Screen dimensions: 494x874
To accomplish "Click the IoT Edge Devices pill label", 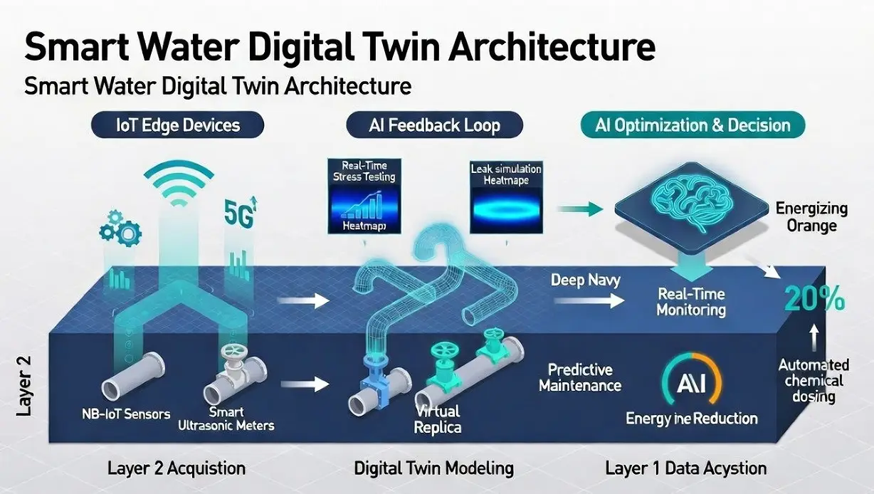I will (177, 126).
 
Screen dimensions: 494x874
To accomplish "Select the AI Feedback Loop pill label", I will (434, 126).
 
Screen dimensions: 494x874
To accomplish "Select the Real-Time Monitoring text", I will (691, 302).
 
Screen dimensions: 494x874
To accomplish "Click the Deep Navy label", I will (585, 280).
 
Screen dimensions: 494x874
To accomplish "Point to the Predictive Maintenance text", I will (580, 378).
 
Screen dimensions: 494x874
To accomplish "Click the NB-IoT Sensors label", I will (125, 414).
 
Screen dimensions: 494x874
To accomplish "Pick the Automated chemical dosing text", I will (813, 381).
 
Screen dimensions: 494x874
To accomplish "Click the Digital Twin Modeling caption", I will (433, 468).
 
